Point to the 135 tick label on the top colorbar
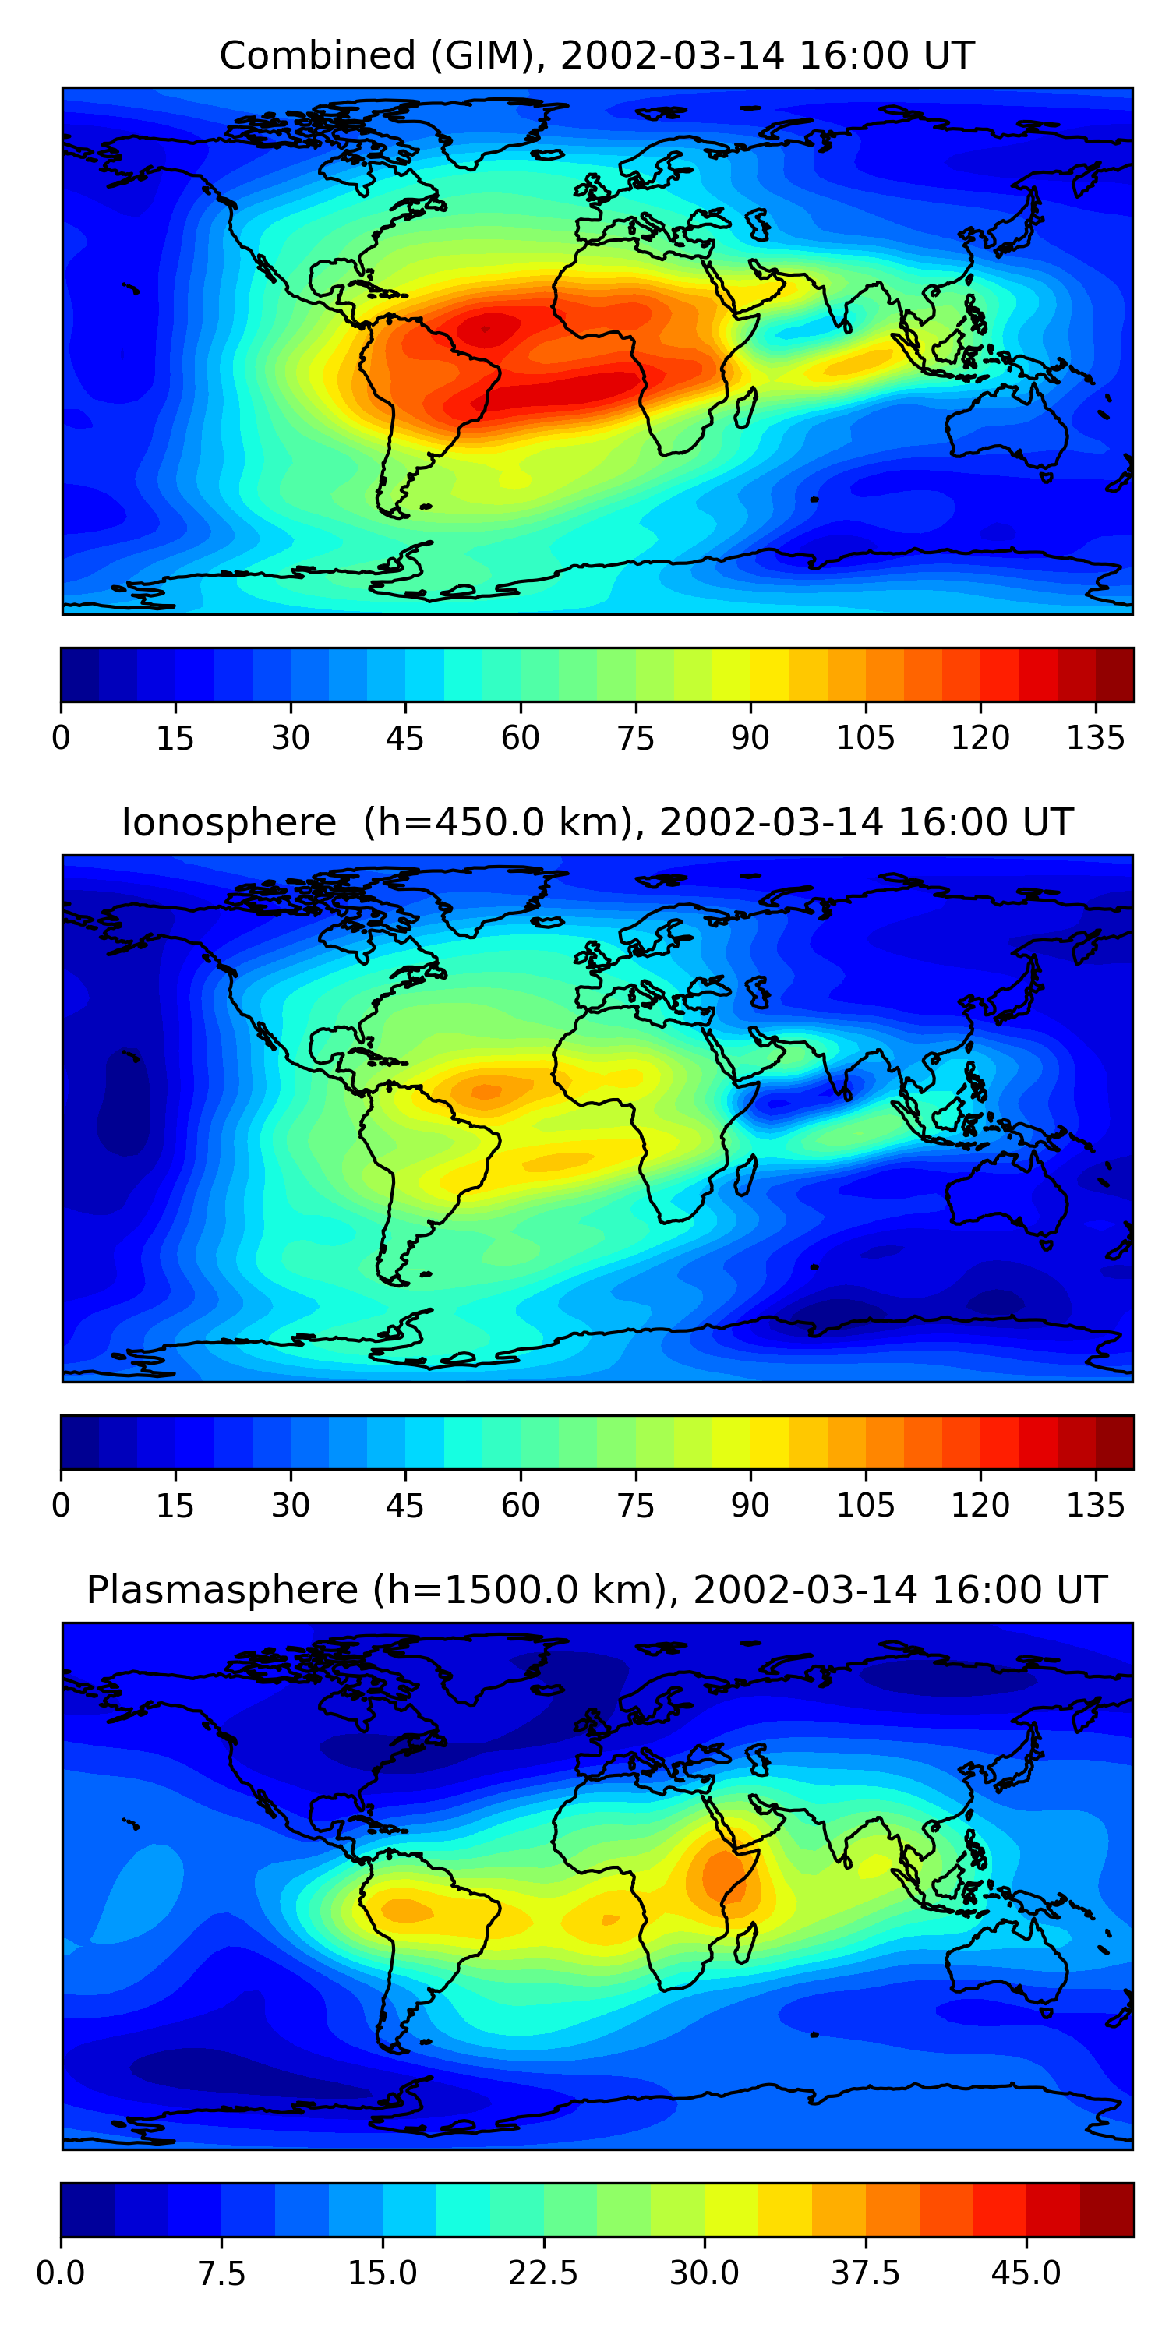[x=1096, y=738]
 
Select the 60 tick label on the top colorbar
[x=520, y=738]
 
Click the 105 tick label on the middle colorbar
[x=865, y=1505]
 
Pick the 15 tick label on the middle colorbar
[x=175, y=1505]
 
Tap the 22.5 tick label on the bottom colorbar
[x=542, y=2273]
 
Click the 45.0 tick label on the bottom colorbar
[x=1026, y=2273]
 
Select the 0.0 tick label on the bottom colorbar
[x=61, y=2273]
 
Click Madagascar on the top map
[x=746, y=408]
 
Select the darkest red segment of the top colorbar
[x=1114, y=674]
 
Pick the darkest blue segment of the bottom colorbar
[x=87, y=2209]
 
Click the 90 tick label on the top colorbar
[x=750, y=738]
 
